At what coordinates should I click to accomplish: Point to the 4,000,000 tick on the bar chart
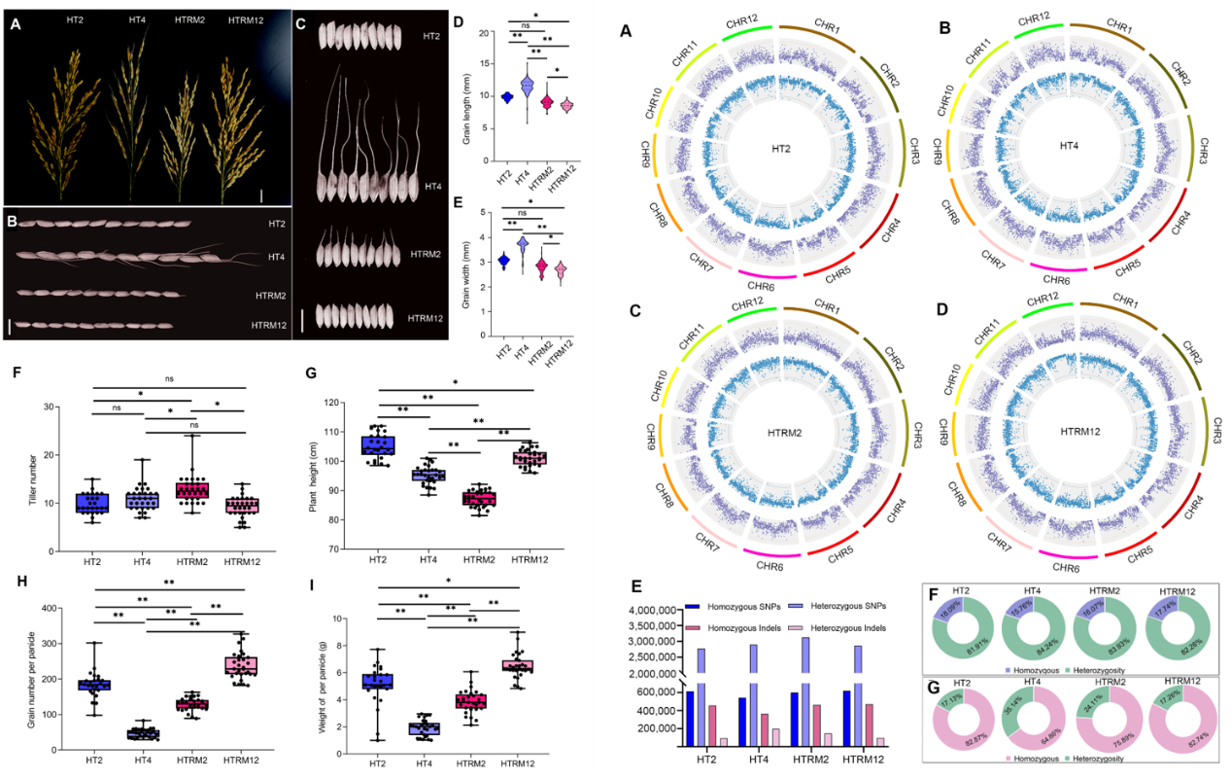[653, 610]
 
